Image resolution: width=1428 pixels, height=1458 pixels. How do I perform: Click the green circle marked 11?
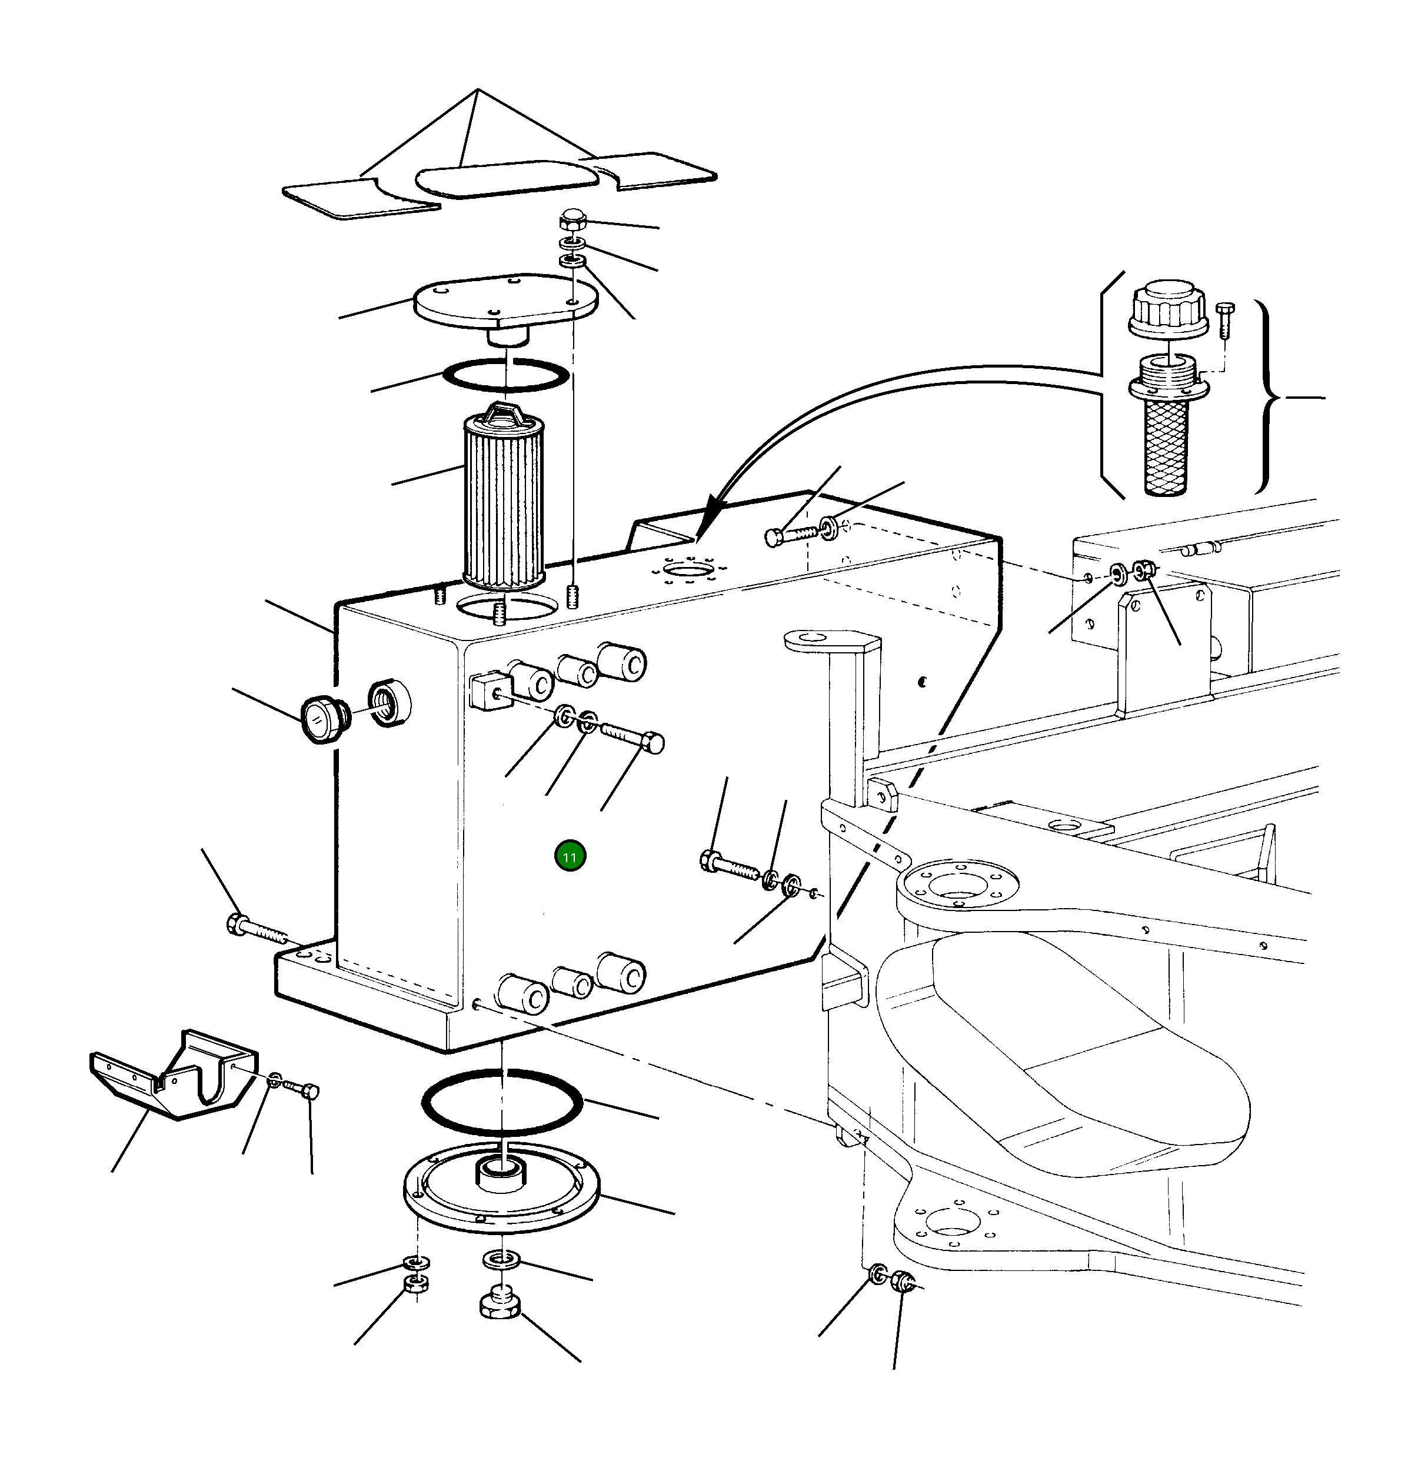click(x=570, y=857)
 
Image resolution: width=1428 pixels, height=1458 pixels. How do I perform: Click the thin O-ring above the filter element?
click(x=506, y=374)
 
